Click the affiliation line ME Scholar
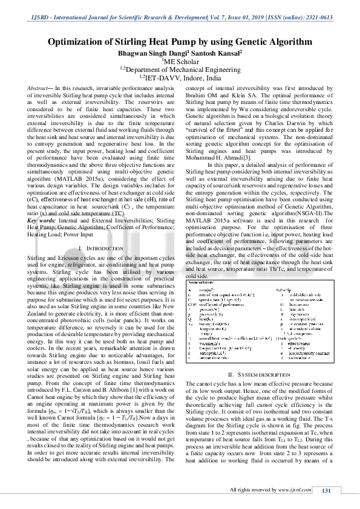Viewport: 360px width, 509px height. point(180,62)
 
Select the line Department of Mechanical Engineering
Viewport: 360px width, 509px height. point(180,70)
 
